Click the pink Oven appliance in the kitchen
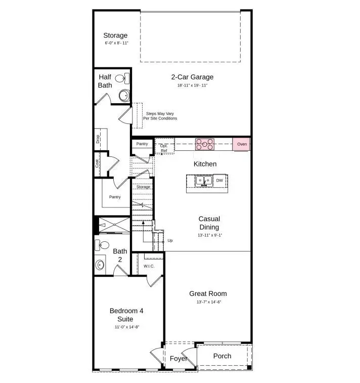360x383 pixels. pyautogui.click(x=241, y=145)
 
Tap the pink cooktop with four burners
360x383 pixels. pyautogui.click(x=205, y=145)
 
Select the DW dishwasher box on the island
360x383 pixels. pyautogui.click(x=219, y=180)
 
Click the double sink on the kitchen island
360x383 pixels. pyautogui.click(x=204, y=181)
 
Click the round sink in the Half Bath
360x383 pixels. pyautogui.click(x=124, y=95)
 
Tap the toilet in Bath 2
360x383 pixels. pyautogui.click(x=103, y=245)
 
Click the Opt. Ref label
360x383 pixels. pyautogui.click(x=164, y=148)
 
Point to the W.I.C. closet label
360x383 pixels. pyautogui.click(x=149, y=266)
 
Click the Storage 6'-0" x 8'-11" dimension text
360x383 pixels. pyautogui.click(x=115, y=44)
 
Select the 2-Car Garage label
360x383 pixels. pyautogui.click(x=192, y=77)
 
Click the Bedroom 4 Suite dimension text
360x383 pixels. pyautogui.click(x=126, y=327)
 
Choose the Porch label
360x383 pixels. pyautogui.click(x=222, y=356)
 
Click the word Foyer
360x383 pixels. pyautogui.click(x=178, y=359)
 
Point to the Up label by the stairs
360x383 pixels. pyautogui.click(x=170, y=241)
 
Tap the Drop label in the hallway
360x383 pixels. pyautogui.click(x=98, y=139)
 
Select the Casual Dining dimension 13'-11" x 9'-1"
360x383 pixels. pyautogui.click(x=209, y=236)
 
